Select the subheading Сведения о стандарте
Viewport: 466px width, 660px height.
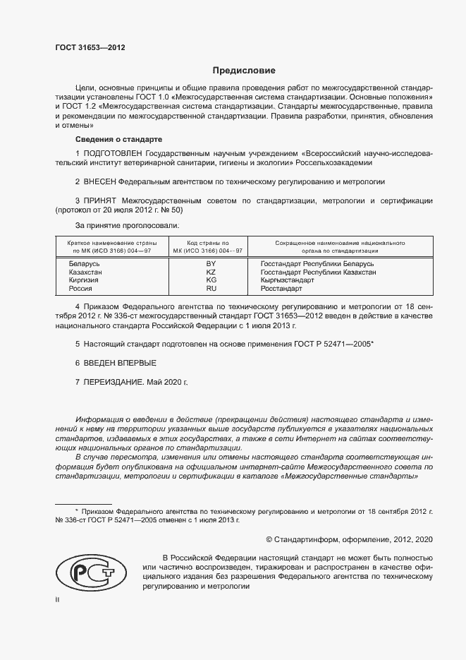118,139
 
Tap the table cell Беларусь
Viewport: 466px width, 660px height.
82,263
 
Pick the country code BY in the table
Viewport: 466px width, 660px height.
210,263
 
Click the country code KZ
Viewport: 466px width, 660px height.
210,272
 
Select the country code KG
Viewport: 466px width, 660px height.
210,280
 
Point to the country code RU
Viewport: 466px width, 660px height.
210,289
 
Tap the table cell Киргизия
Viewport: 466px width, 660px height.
84,280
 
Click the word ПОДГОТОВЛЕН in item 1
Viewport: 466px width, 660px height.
114,153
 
